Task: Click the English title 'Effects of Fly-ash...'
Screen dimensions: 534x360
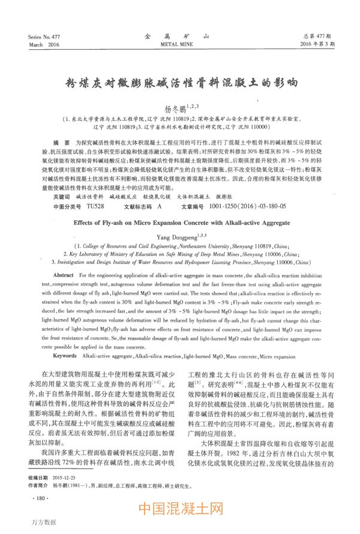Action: point(181,206)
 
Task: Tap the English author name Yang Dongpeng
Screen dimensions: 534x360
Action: point(176,220)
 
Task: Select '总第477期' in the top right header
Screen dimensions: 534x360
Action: point(319,37)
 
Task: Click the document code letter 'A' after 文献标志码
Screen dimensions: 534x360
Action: point(160,190)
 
